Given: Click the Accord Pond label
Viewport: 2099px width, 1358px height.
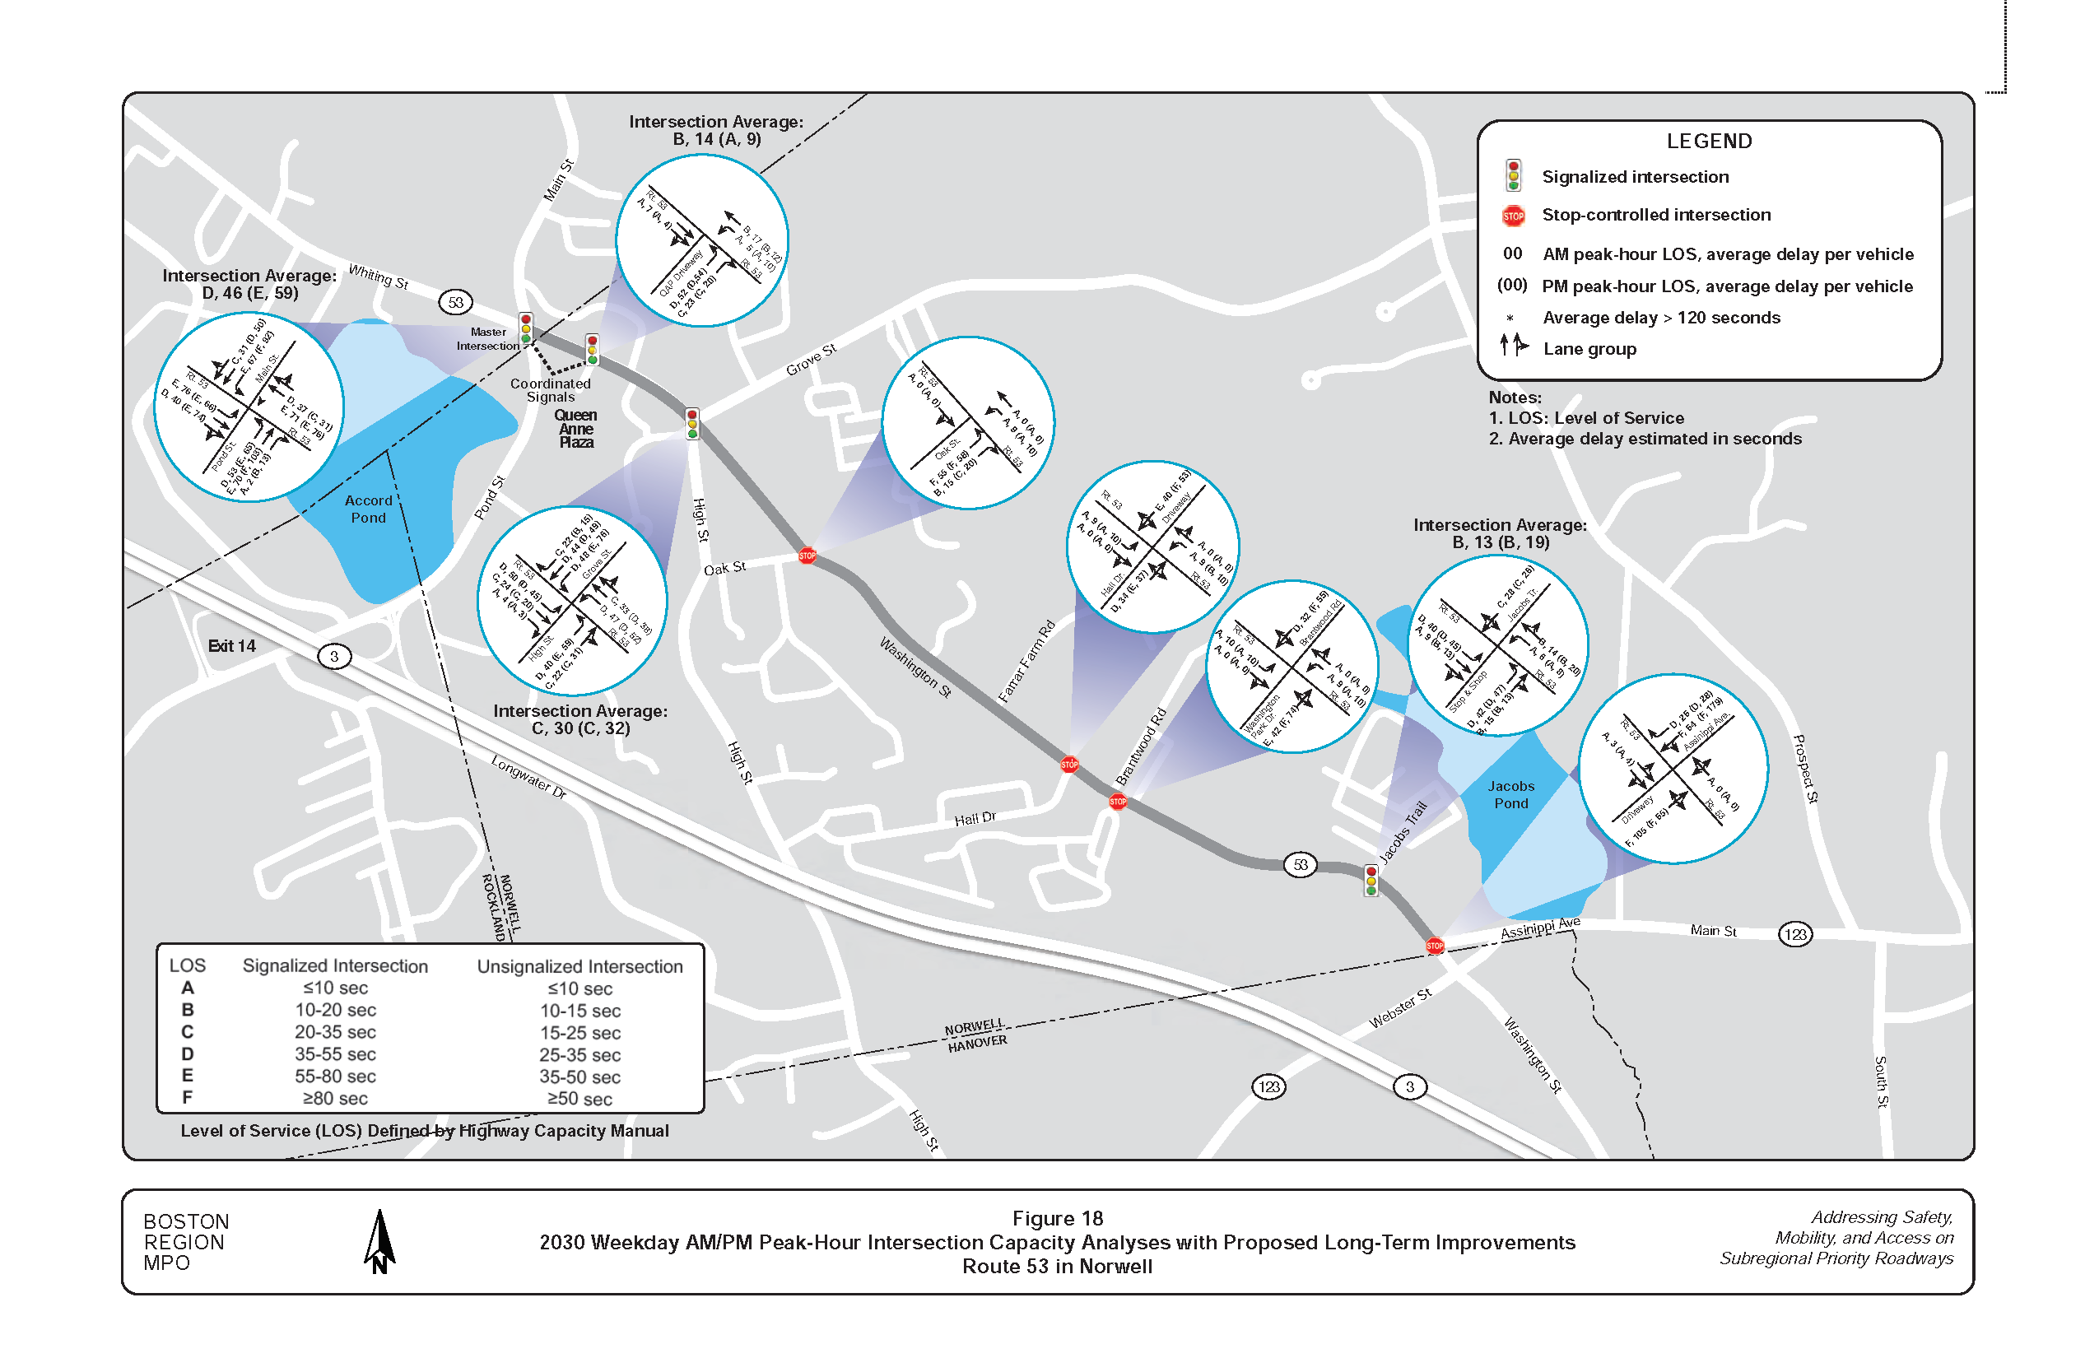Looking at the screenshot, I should click(368, 509).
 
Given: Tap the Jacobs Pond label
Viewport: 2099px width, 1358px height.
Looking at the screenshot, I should click(1510, 794).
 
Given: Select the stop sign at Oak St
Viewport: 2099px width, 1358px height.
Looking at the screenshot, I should click(807, 556).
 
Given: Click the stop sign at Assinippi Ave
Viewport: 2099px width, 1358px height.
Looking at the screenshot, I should click(1435, 946).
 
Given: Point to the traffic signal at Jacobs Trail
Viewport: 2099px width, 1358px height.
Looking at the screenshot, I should click(1371, 880).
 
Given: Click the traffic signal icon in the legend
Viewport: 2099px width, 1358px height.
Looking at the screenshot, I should click(1514, 175).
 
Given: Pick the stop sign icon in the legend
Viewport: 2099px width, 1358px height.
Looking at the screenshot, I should click(1514, 215).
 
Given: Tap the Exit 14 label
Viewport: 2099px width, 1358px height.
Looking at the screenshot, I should click(232, 646).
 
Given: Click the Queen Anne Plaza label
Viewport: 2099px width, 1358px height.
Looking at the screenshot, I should click(576, 429).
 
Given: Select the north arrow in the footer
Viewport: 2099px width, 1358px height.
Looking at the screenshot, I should click(379, 1241).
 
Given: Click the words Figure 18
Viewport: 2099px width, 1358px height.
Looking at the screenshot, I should click(1058, 1218).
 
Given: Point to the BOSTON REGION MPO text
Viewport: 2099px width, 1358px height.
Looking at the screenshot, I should click(186, 1242).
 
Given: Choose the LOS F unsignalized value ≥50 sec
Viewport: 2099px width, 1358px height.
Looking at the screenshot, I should click(579, 1099).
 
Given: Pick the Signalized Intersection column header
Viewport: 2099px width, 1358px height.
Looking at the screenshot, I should click(335, 965).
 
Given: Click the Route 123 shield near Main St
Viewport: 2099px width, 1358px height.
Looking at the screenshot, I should click(1795, 934).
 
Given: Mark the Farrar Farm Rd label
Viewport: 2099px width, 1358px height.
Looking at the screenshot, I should click(1026, 662).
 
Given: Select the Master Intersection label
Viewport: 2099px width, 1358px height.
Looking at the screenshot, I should click(487, 338).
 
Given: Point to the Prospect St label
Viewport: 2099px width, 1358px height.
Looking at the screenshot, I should click(1806, 768).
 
